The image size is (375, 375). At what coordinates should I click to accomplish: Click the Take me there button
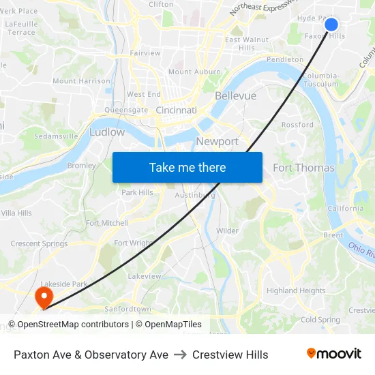pyautogui.click(x=187, y=167)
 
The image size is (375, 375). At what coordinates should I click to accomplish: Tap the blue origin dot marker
pyautogui.click(x=331, y=25)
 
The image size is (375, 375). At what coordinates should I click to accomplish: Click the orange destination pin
pyautogui.click(x=43, y=297)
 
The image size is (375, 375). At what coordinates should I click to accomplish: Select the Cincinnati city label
pyautogui.click(x=176, y=110)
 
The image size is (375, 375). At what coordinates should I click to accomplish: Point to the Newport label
pyautogui.click(x=217, y=141)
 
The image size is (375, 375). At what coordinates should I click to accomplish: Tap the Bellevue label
pyautogui.click(x=235, y=95)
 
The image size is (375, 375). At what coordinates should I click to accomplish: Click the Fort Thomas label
pyautogui.click(x=303, y=168)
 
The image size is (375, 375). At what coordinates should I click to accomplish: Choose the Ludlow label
pyautogui.click(x=107, y=132)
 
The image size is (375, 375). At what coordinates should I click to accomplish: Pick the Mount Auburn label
pyautogui.click(x=194, y=72)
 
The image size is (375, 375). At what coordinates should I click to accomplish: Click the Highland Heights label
pyautogui.click(x=296, y=290)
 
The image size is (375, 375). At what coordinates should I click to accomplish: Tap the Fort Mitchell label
pyautogui.click(x=107, y=223)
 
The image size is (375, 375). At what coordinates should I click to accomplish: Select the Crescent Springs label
pyautogui.click(x=39, y=243)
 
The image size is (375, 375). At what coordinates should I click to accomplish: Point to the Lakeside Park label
pyautogui.click(x=63, y=284)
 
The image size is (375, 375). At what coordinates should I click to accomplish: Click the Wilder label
pyautogui.click(x=227, y=230)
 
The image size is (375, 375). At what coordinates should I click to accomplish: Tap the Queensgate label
pyautogui.click(x=126, y=109)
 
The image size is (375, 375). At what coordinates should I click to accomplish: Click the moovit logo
pyautogui.click(x=333, y=354)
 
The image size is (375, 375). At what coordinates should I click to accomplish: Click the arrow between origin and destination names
pyautogui.click(x=180, y=355)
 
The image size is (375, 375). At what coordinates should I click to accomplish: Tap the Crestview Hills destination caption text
pyautogui.click(x=230, y=355)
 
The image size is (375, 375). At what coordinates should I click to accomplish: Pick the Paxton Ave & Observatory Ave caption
pyautogui.click(x=91, y=355)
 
